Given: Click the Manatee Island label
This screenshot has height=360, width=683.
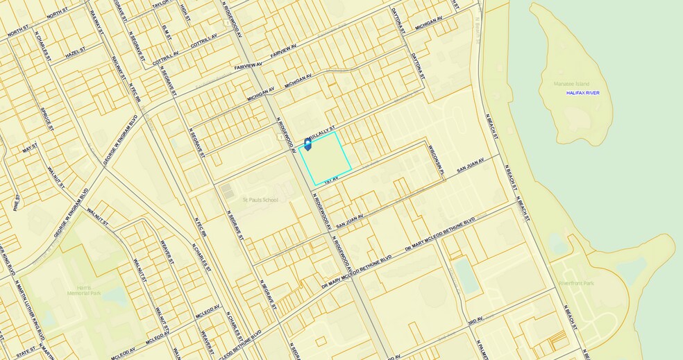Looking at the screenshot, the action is click(x=571, y=84).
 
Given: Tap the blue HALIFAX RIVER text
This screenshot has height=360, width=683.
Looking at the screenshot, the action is click(x=582, y=92).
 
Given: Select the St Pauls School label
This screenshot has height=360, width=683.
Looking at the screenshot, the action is click(x=260, y=200).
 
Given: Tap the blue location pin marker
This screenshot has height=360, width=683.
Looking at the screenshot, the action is click(x=307, y=144).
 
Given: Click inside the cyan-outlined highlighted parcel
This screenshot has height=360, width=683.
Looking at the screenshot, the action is click(x=325, y=160).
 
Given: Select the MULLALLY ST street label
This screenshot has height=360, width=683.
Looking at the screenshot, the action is click(x=322, y=130).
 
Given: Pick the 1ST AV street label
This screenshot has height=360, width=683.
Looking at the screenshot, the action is click(x=330, y=179).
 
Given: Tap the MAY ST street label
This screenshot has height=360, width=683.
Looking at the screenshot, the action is click(x=29, y=148).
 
